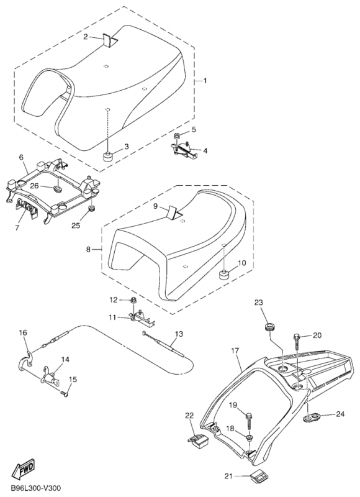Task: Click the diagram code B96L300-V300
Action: coord(35,488)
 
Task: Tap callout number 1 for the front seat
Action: coord(205,81)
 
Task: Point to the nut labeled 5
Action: coord(178,136)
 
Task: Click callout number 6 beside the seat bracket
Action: coord(21,157)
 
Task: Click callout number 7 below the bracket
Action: coord(17,227)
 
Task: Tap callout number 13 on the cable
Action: coord(179,334)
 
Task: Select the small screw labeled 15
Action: coord(65,394)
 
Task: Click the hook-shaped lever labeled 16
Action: coord(25,362)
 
